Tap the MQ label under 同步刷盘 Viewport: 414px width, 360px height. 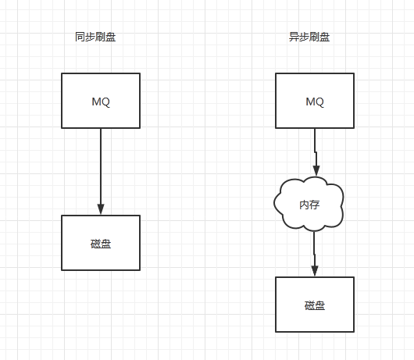coord(101,102)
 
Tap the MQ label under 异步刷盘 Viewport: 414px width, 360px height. coord(315,102)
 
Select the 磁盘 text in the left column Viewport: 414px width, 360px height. coord(101,243)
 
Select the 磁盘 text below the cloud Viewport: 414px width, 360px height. coord(315,305)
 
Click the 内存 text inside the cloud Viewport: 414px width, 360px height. coord(309,205)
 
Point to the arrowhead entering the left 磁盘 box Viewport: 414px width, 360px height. coord(101,209)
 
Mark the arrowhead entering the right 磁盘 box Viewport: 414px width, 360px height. coord(314,271)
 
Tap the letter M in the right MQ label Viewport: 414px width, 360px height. coord(310,102)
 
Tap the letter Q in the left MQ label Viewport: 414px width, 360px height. coord(105,102)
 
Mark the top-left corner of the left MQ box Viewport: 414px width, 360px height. coord(62,73)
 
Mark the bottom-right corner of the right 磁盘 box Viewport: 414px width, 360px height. coord(354,332)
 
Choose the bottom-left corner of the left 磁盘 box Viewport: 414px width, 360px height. coord(62,270)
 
